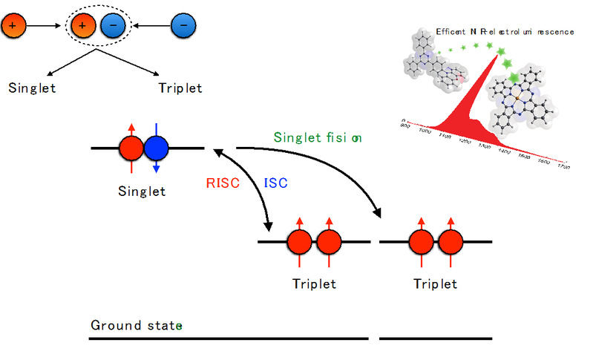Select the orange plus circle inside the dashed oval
[82, 27]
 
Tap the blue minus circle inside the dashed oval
[113, 27]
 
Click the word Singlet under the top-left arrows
[33, 87]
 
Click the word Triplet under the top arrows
[180, 87]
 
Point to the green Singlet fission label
[318, 137]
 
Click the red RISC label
[223, 183]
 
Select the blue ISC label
[276, 183]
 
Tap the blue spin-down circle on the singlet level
[157, 149]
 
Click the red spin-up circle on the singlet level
[131, 149]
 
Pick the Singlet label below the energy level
[142, 192]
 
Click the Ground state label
[136, 325]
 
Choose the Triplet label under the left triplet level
[315, 284]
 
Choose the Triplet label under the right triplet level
[435, 284]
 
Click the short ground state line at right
[435, 338]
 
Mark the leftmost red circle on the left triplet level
[300, 242]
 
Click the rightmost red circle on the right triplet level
[450, 242]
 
